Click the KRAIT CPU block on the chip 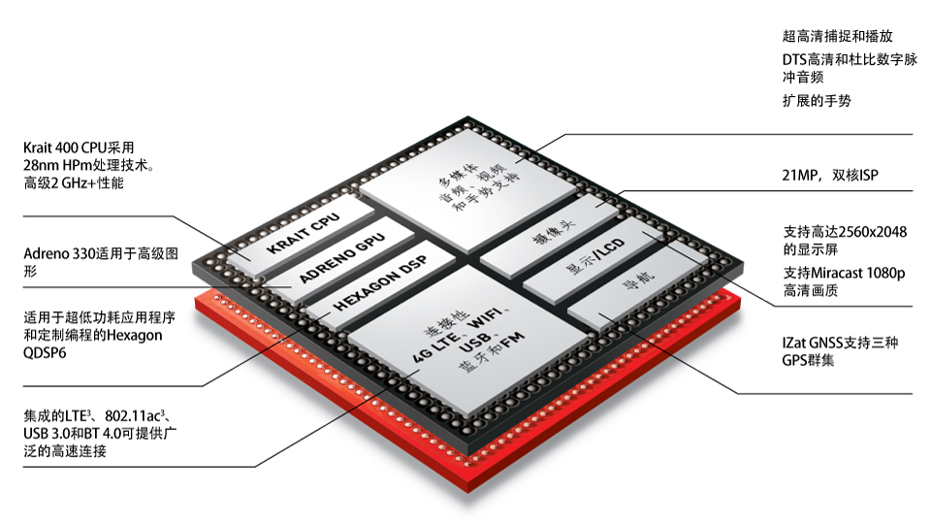tap(301, 235)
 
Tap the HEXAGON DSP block tap(379, 284)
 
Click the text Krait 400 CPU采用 tap(79, 147)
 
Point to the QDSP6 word tap(46, 353)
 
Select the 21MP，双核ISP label tap(830, 175)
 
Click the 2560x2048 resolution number tap(874, 232)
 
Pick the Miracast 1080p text tap(858, 273)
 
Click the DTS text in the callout tap(794, 59)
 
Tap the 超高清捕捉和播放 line tap(838, 36)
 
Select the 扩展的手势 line tap(817, 100)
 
